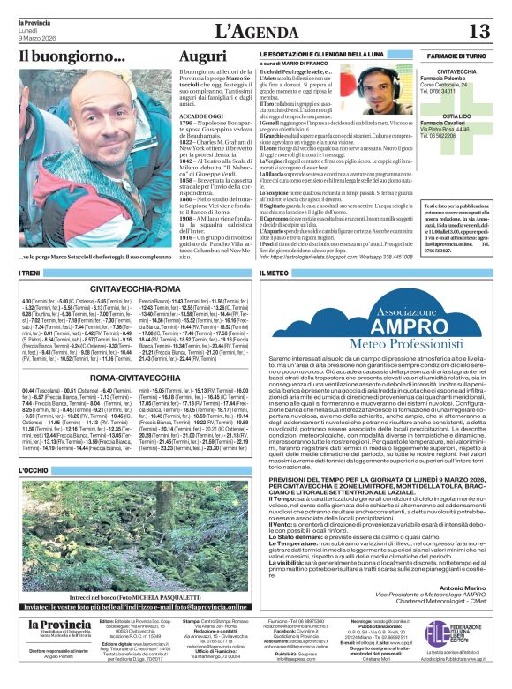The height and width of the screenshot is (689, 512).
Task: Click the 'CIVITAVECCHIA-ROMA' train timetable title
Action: click(134, 287)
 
